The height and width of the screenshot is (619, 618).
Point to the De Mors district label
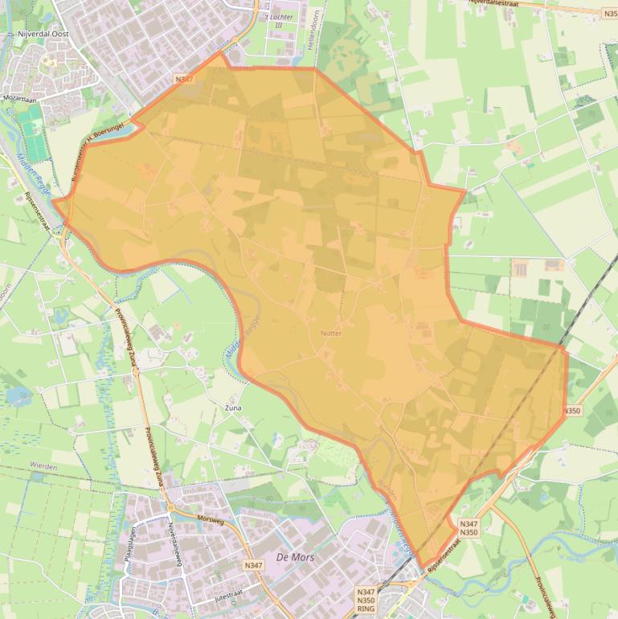point(294,556)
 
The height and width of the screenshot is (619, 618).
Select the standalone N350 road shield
point(571,411)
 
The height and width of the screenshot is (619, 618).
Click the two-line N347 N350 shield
point(469,528)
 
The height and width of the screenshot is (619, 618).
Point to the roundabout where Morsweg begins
point(170,508)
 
